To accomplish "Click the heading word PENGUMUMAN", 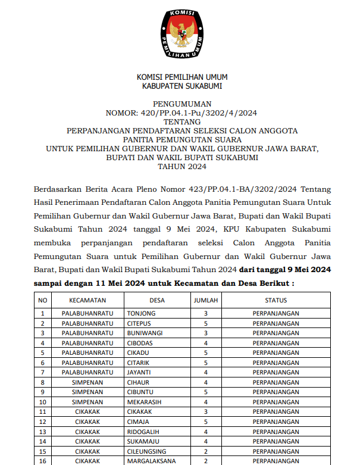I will tap(181, 103).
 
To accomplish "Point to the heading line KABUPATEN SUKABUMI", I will tap(181, 86).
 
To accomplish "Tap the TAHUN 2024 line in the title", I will tap(181, 167).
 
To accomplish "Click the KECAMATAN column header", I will tap(87, 301).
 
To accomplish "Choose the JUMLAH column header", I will tap(205, 301).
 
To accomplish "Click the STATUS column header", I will tap(276, 301).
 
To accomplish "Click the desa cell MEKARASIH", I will tap(143, 402).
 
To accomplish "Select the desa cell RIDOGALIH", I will tap(143, 431).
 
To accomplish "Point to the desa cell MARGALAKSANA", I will tap(149, 461).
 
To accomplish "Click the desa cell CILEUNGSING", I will tap(145, 451).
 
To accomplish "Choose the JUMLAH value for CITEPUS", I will tap(205, 323).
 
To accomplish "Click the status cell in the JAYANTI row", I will tap(276, 372).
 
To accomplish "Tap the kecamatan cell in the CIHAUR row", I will tap(87, 382).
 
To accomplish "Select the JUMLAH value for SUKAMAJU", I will tap(205, 441).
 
